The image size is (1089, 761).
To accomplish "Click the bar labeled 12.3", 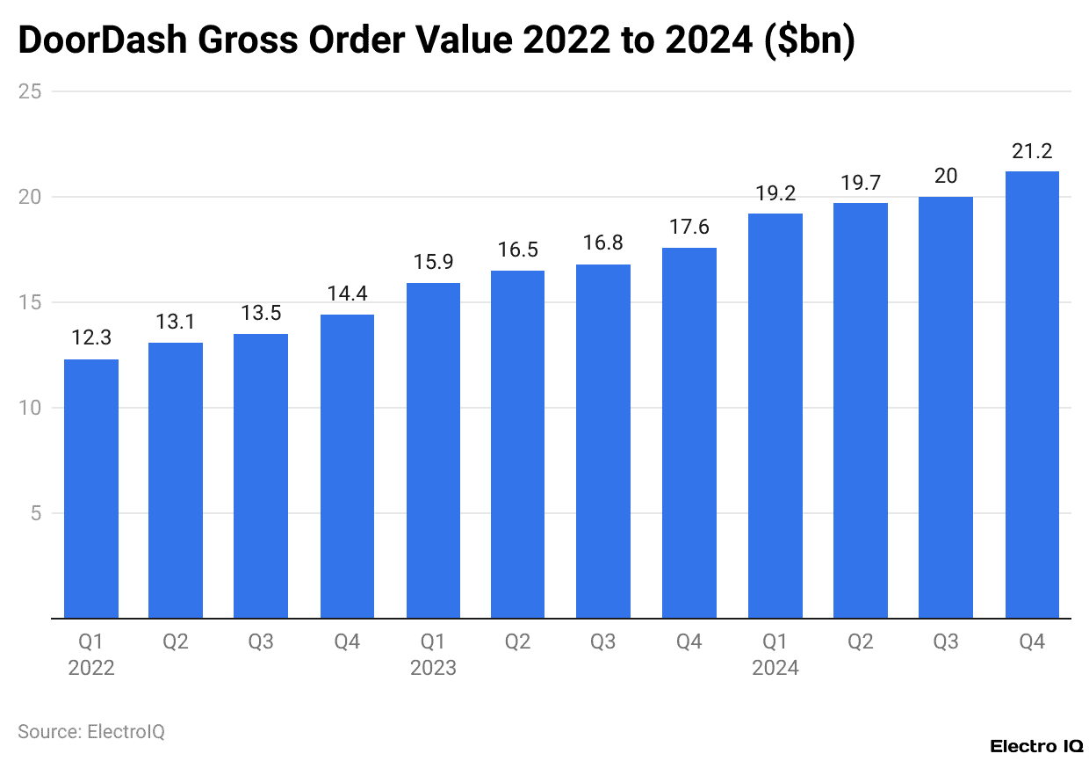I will pyautogui.click(x=91, y=489).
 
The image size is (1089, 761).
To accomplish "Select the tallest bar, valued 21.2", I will pyautogui.click(x=1032, y=395).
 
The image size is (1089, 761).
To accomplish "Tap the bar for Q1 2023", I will pyautogui.click(x=433, y=450).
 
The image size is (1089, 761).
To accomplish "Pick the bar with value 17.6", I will pyautogui.click(x=689, y=432).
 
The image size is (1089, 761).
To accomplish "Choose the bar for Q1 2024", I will pyautogui.click(x=775, y=416).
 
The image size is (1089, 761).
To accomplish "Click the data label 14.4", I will pyautogui.click(x=347, y=294).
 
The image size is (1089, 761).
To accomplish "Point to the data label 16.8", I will pyautogui.click(x=603, y=243).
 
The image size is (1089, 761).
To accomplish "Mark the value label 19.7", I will pyautogui.click(x=860, y=183).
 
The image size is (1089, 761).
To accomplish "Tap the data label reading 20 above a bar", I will pyautogui.click(x=946, y=176).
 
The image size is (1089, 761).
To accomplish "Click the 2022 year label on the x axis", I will pyautogui.click(x=91, y=669).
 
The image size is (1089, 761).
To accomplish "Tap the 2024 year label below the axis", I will pyautogui.click(x=775, y=669).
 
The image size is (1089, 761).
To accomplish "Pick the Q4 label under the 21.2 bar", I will pyautogui.click(x=1032, y=642).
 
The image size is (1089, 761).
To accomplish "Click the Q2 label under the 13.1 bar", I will pyautogui.click(x=176, y=642).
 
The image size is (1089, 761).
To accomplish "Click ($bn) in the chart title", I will pyautogui.click(x=810, y=41).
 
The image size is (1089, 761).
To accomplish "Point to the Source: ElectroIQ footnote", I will pyautogui.click(x=91, y=731).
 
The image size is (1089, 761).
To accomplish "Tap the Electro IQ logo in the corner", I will pyautogui.click(x=1036, y=746).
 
